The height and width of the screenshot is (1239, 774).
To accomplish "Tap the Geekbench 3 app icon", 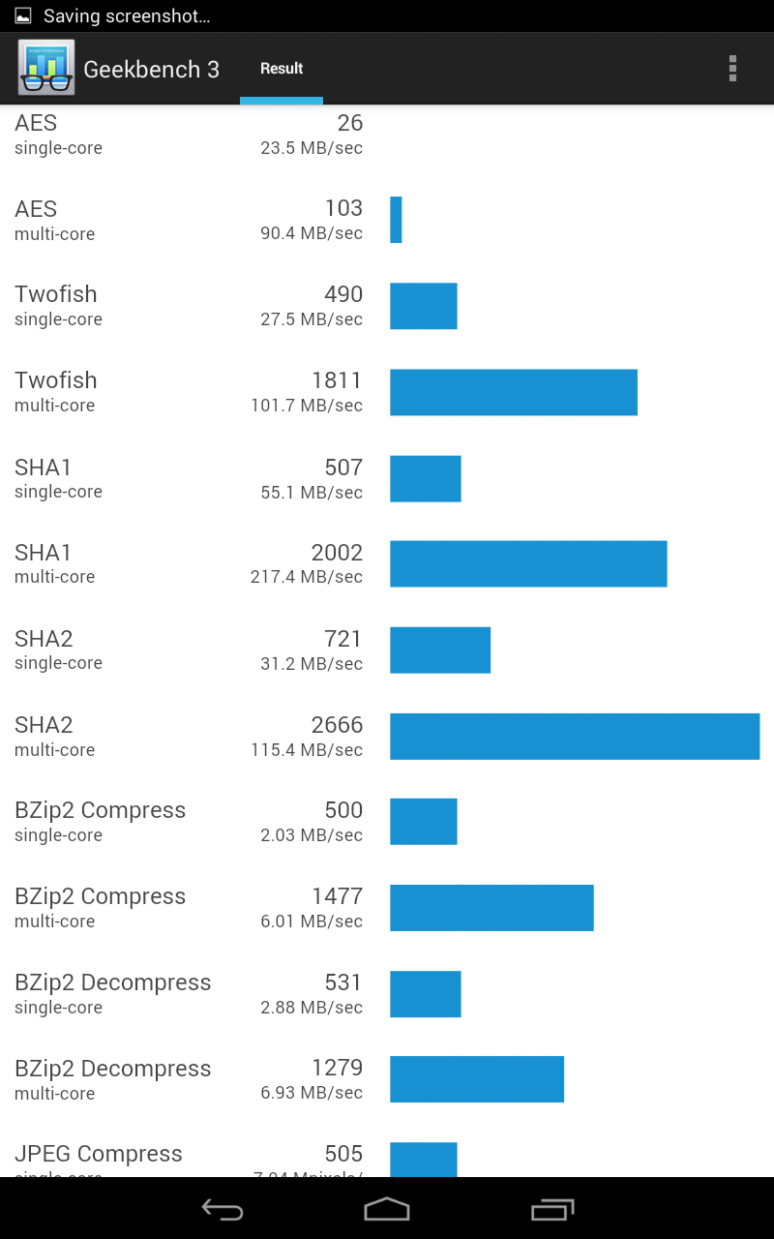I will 45,68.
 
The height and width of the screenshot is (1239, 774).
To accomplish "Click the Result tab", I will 282,69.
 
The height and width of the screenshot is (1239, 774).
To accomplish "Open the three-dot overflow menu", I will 732,68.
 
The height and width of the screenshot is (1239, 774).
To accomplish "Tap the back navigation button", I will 222,1209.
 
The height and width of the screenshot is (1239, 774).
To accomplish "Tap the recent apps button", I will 552,1209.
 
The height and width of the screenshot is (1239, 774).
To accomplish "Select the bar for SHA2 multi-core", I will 575,737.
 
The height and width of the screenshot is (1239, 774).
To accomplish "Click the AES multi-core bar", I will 396,220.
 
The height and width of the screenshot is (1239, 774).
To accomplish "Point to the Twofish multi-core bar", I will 514,392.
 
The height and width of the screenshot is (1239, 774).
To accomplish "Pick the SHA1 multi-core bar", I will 528,564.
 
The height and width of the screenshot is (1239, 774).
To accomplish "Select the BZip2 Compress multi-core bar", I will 491,908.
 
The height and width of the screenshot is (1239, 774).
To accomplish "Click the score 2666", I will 337,725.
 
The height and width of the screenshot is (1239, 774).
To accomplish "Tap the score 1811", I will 337,380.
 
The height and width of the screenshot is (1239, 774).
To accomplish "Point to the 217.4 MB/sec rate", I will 307,577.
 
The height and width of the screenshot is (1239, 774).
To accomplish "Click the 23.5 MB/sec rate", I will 312,148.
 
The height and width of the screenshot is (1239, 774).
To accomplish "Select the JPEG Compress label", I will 99,1154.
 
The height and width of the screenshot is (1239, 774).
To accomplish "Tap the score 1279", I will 337,1068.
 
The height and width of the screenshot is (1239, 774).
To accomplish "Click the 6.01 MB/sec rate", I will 312,922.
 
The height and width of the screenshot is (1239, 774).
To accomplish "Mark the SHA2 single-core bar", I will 440,650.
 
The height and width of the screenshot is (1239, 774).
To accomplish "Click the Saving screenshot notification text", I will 127,16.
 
